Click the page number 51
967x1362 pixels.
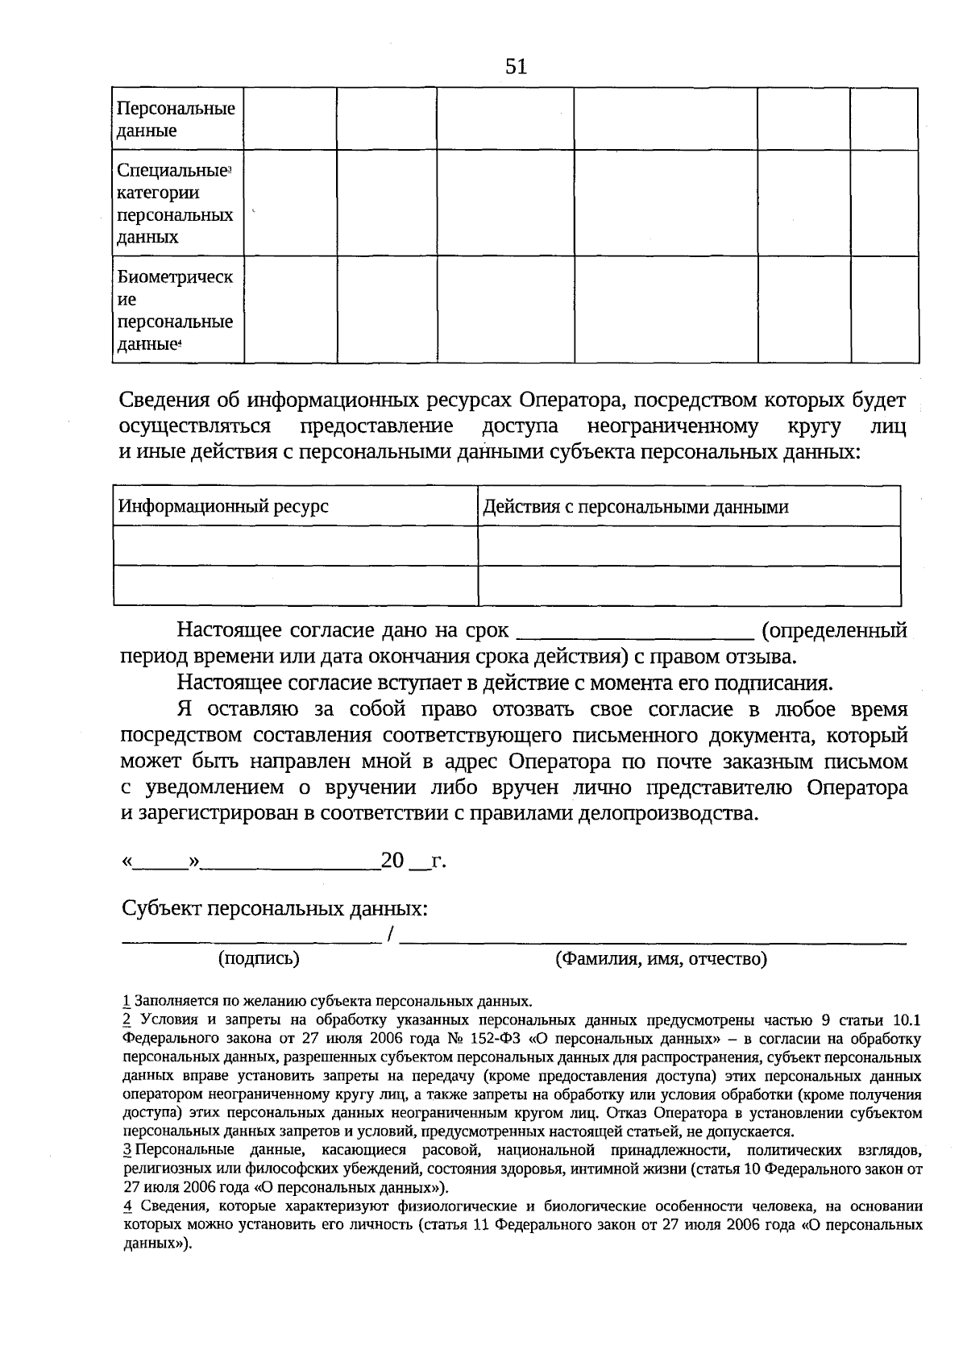(x=517, y=67)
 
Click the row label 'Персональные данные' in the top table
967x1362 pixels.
(x=176, y=119)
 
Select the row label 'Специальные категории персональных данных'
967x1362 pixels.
(x=176, y=204)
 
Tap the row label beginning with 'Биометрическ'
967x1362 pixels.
(x=176, y=310)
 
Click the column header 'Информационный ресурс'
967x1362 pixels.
(x=224, y=507)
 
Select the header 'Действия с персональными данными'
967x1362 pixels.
(x=635, y=507)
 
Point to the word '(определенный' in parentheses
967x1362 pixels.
(x=834, y=630)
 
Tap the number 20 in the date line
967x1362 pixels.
(x=392, y=861)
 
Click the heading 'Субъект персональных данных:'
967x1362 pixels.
(x=274, y=909)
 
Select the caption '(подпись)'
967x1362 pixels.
(x=259, y=958)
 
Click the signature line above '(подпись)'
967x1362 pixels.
(x=251, y=940)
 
